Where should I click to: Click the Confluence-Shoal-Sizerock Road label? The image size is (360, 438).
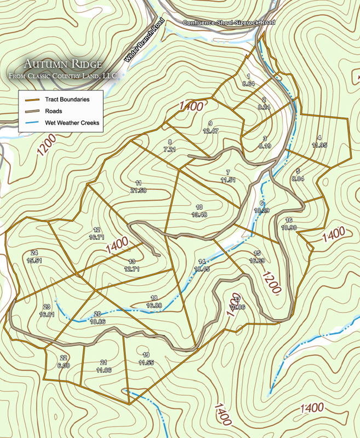tap(229, 22)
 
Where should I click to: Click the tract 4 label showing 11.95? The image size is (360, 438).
tap(319, 142)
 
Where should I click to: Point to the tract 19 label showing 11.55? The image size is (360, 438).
tap(146, 359)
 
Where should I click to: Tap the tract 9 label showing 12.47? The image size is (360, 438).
tap(210, 127)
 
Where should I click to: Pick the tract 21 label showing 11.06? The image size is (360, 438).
tap(104, 366)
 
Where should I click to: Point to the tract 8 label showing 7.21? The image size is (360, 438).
tap(170, 146)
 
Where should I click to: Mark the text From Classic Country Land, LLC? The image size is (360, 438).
tap(63, 76)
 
